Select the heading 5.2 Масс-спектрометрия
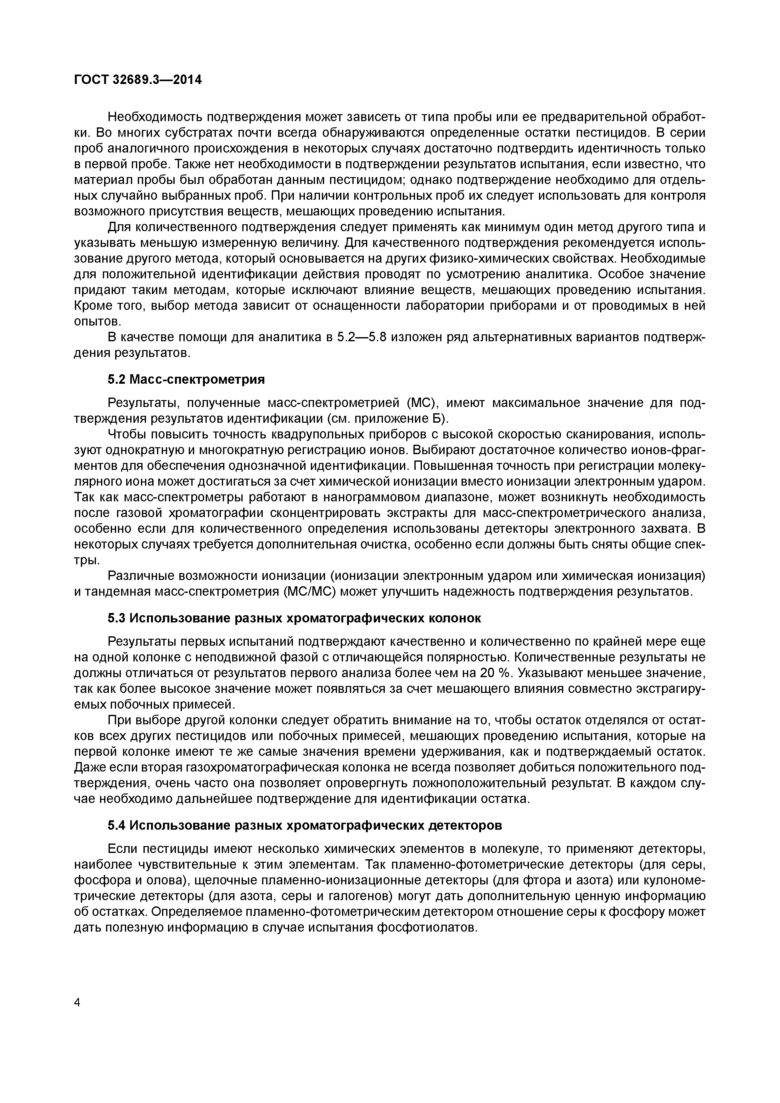click(186, 380)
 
